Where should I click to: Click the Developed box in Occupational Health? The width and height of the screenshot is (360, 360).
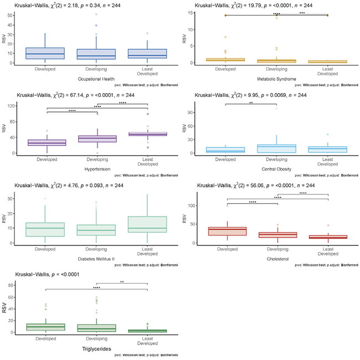46,53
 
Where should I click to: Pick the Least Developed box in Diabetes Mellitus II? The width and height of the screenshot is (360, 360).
148,224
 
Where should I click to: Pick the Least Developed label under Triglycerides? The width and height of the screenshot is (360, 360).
148,342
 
